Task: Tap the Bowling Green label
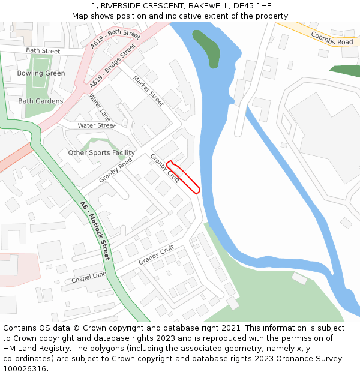pos(41,73)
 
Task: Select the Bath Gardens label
pos(40,101)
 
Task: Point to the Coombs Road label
pos(332,38)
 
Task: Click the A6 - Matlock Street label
pos(95,230)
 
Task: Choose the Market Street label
pos(148,91)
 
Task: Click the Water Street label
pos(96,126)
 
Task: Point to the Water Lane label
pos(100,107)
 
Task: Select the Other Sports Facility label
pos(101,153)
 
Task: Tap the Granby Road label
pos(115,170)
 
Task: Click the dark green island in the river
pos(206,48)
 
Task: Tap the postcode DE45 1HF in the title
pos(251,6)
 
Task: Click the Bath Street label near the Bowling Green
pos(43,51)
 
